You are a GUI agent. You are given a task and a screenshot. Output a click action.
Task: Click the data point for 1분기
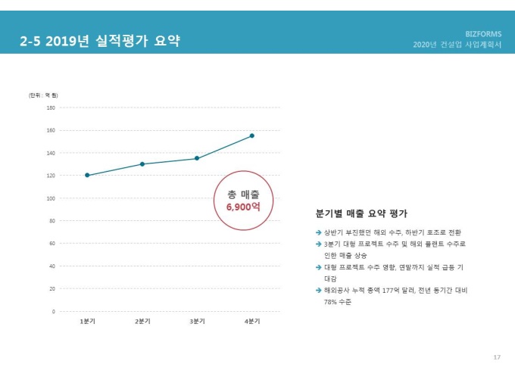(87, 176)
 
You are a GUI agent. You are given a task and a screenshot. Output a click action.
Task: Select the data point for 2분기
(142, 164)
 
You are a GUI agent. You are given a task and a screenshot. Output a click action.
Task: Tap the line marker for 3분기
(197, 158)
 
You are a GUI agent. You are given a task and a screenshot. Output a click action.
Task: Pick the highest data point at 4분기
(251, 135)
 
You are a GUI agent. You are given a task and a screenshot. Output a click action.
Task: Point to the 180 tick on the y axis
(50, 107)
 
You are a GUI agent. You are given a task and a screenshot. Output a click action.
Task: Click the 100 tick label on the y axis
(50, 198)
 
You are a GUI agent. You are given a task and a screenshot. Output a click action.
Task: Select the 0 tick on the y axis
(53, 311)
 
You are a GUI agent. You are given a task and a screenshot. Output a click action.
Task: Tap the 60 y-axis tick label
(51, 244)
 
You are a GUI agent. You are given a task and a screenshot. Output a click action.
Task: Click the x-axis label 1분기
(87, 321)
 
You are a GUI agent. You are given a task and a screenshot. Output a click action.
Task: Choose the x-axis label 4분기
(251, 321)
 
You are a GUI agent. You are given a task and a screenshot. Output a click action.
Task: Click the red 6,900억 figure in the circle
(243, 206)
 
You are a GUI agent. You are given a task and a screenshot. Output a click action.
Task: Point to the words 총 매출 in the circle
(243, 194)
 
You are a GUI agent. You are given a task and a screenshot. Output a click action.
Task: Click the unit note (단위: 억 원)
(43, 95)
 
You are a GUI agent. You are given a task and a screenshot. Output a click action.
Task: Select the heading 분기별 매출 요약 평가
(360, 213)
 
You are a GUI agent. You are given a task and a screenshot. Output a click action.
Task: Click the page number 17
(497, 356)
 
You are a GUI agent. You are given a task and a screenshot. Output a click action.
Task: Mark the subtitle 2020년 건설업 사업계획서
(457, 45)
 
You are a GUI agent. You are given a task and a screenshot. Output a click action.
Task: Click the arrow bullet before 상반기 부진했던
(318, 232)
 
